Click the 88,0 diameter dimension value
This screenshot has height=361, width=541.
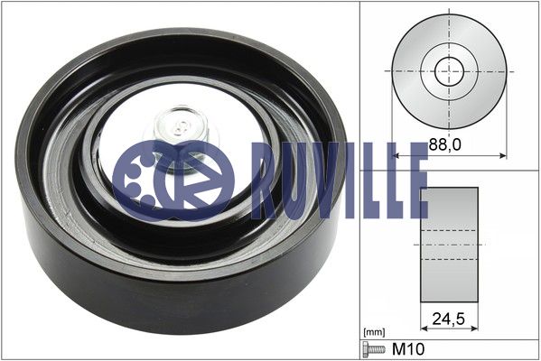coord(444,144)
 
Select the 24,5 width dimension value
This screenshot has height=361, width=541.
coord(449,319)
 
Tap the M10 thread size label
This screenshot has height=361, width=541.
coord(408,349)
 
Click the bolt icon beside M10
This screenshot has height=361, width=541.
coord(374,349)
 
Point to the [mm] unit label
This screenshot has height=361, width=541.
coord(374,332)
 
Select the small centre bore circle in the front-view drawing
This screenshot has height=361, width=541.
coord(449,71)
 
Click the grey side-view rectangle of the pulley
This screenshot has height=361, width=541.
coord(449,245)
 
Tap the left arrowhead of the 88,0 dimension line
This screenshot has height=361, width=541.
coord(396,156)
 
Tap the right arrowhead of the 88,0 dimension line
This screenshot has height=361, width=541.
coord(503,156)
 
